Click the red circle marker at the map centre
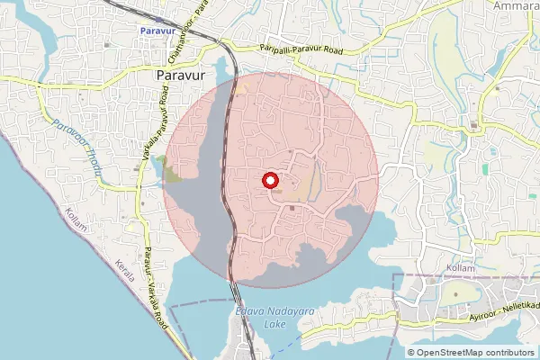point(269,181)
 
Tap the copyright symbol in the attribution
point(411,352)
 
